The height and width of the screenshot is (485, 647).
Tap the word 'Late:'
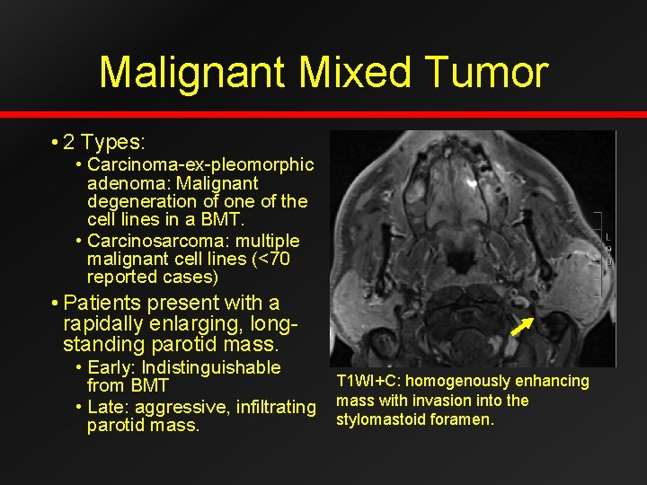(x=111, y=407)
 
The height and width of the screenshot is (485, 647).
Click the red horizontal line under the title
(x=323, y=115)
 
